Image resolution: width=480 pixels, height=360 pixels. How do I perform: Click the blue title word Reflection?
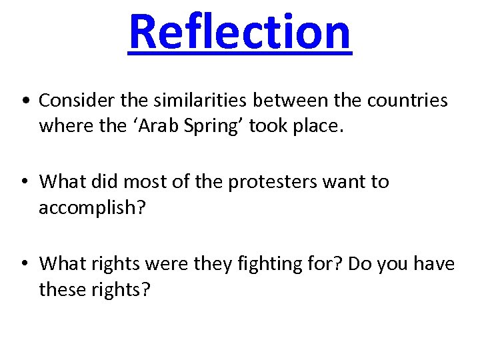tap(239, 32)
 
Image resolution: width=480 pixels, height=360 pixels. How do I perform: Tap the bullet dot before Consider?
tap(24, 101)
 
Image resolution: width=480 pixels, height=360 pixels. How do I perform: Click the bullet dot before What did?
tap(24, 183)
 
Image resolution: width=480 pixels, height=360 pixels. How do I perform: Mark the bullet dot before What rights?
tap(24, 265)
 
